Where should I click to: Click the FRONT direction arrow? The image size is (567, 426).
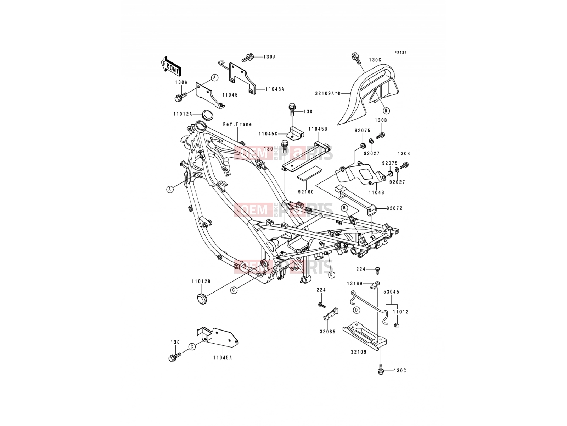click(x=170, y=66)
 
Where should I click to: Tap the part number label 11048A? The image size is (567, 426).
click(x=275, y=89)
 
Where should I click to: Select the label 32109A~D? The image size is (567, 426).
click(x=328, y=94)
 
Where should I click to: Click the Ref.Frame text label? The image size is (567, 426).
click(x=237, y=124)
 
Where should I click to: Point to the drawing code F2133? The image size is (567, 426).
click(x=400, y=53)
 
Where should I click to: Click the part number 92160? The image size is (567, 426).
click(x=306, y=192)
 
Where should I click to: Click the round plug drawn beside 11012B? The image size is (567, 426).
click(x=202, y=299)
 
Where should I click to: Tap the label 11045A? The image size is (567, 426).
click(x=223, y=358)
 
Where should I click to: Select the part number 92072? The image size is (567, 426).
click(x=394, y=208)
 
